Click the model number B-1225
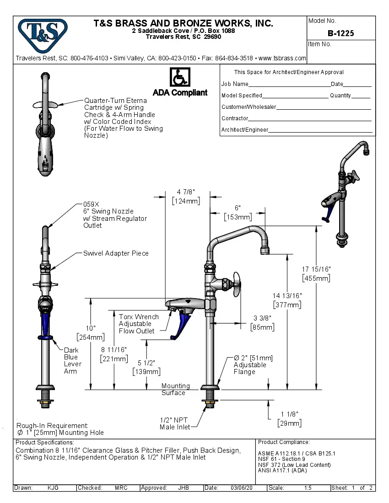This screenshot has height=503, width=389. (x=340, y=33)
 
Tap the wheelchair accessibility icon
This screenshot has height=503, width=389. (x=180, y=77)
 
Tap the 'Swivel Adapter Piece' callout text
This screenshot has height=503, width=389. (x=116, y=253)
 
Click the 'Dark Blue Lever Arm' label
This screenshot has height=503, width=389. (x=72, y=361)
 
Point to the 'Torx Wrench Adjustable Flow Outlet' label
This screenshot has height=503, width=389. (x=138, y=324)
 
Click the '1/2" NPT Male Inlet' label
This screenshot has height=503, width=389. (x=174, y=423)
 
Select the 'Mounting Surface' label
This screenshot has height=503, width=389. (x=175, y=389)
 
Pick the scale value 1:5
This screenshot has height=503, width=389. (x=308, y=488)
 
